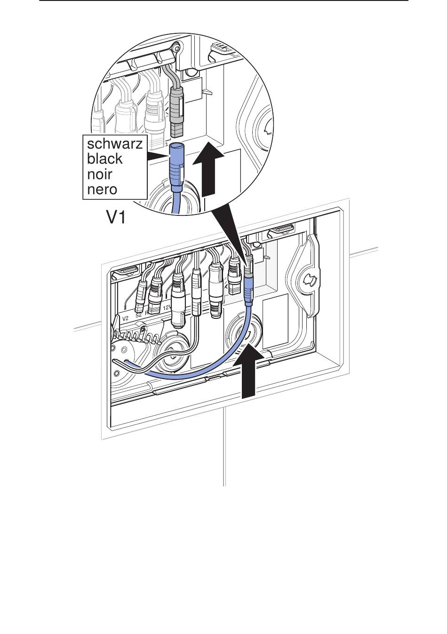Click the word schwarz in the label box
pyautogui.click(x=114, y=143)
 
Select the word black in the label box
pyautogui.click(x=104, y=159)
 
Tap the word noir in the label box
pyautogui.click(x=100, y=174)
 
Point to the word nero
pyautogui.click(x=102, y=190)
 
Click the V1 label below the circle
pyautogui.click(x=116, y=217)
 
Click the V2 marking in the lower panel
pyautogui.click(x=125, y=318)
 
